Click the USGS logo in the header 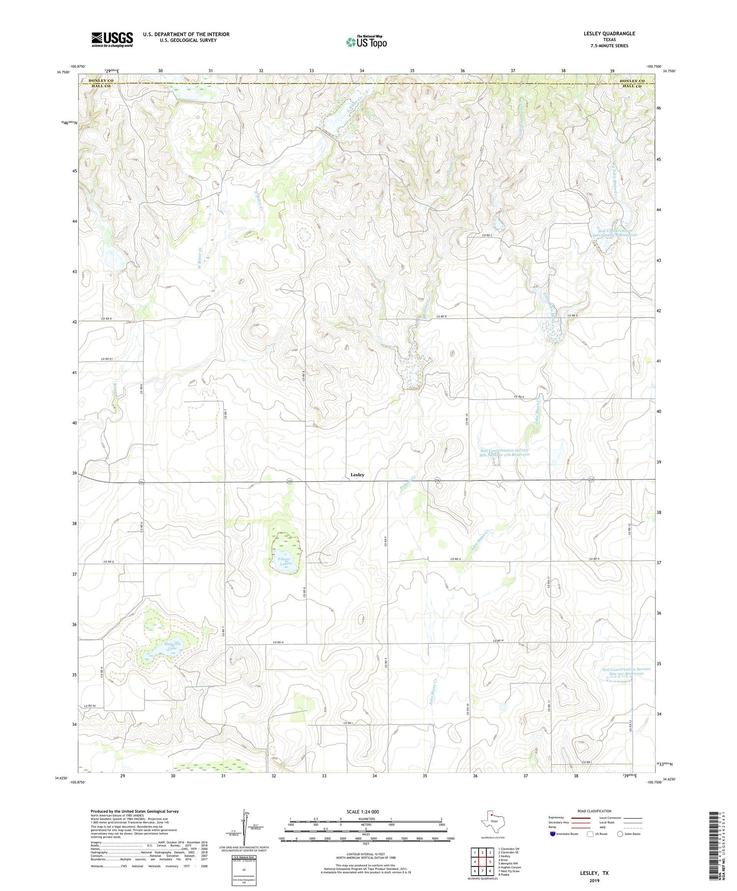click(112, 39)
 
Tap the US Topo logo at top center click(366, 42)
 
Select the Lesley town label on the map click(357, 475)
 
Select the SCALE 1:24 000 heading click(363, 811)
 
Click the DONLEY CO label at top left click(100, 81)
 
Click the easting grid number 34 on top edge click(362, 71)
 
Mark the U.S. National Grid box click(244, 870)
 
